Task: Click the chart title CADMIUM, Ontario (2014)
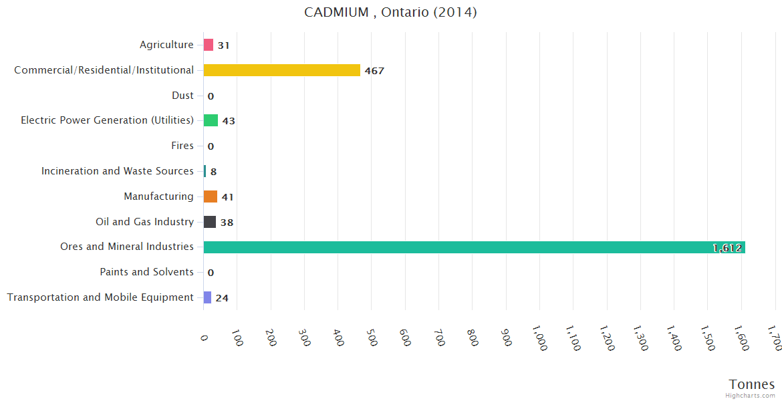(390, 12)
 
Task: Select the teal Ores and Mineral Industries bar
(474, 247)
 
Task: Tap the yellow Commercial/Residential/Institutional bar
(281, 70)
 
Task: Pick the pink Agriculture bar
(209, 45)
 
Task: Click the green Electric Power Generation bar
(211, 120)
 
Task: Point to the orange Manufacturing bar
(211, 196)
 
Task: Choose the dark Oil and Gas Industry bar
(210, 222)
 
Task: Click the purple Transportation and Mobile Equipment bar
(207, 297)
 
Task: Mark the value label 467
(374, 71)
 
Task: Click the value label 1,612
(727, 248)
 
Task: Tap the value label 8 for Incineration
(213, 172)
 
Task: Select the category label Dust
(182, 96)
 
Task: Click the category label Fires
(182, 146)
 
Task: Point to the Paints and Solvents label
(146, 272)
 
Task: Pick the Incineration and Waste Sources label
(118, 171)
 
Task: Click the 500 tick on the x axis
(372, 338)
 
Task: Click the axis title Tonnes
(752, 384)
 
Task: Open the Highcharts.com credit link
(751, 395)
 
